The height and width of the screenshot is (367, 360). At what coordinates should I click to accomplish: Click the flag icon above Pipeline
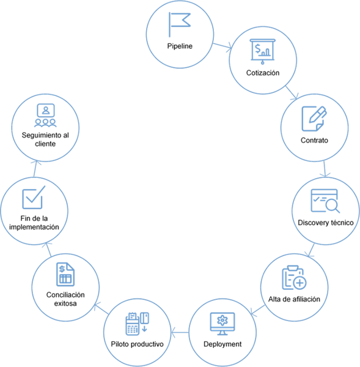point(170,24)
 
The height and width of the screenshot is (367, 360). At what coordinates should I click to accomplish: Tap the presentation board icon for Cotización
point(262,51)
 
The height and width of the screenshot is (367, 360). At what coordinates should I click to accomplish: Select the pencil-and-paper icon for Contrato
point(314,119)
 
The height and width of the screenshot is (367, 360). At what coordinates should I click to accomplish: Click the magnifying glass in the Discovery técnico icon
point(332,206)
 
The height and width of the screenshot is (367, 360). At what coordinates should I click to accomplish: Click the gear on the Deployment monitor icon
point(222,320)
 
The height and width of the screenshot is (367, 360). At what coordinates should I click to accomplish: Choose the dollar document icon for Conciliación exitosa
point(65,274)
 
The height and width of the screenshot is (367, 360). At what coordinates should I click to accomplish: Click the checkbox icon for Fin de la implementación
point(34,197)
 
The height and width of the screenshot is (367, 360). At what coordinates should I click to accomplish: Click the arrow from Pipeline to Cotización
point(222,46)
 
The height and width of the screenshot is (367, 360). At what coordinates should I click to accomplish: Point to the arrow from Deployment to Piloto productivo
point(180,332)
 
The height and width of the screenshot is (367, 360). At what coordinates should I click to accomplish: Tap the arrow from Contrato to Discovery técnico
point(325,169)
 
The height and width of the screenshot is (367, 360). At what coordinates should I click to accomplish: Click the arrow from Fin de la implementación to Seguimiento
point(35,169)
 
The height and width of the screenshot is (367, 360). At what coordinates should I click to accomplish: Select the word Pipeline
point(180,46)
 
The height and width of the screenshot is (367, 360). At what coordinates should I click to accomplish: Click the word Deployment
point(222,344)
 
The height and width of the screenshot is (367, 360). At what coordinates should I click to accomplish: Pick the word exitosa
point(65,303)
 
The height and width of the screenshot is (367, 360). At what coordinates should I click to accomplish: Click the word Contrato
point(314,140)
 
